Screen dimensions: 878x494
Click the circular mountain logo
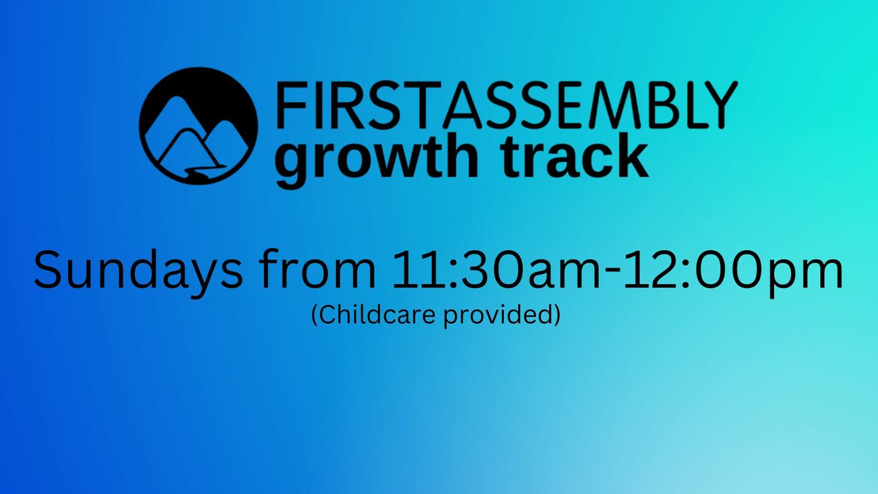pyautogui.click(x=198, y=125)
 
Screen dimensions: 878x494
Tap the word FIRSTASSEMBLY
pyautogui.click(x=507, y=105)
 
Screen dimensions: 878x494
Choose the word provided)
pyautogui.click(x=503, y=315)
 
